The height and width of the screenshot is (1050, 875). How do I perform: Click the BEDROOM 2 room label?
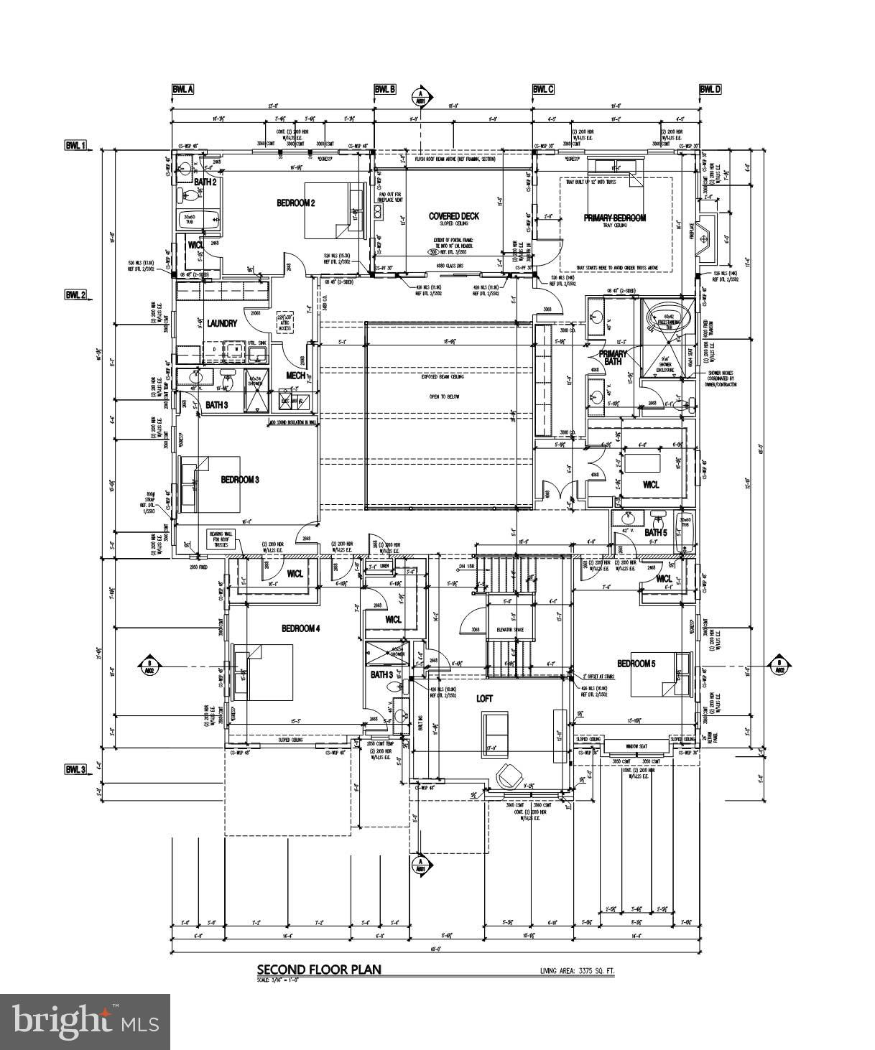coord(296,203)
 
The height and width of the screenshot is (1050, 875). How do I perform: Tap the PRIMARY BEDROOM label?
coord(614,218)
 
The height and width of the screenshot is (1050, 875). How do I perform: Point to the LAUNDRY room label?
coord(222,323)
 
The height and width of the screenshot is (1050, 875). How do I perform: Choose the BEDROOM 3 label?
coord(239,480)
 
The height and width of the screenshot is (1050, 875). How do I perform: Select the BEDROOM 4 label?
coord(300,628)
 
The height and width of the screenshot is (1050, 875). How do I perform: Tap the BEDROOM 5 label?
coord(636,663)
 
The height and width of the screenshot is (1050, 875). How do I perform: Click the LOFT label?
coord(485,698)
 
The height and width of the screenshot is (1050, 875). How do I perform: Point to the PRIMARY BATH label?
coord(613,357)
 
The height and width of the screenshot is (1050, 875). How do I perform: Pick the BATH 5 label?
coord(655,532)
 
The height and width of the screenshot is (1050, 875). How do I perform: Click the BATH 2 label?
coord(205,182)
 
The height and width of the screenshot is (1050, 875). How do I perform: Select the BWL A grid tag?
coord(182,89)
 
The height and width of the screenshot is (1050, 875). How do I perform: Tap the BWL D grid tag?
coord(710,89)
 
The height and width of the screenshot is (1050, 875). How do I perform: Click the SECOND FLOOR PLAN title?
coord(319,970)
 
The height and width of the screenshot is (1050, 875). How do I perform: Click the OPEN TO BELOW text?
coord(441,396)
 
